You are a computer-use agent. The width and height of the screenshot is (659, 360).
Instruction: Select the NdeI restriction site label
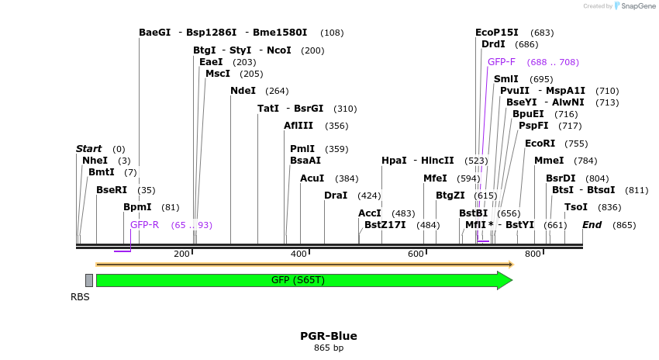click(243, 91)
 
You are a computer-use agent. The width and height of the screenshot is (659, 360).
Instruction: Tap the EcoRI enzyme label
click(540, 144)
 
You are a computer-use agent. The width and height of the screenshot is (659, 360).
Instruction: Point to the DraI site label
click(336, 196)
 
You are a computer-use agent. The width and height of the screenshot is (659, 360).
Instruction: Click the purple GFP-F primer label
click(502, 62)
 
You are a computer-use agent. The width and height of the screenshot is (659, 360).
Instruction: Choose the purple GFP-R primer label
click(144, 225)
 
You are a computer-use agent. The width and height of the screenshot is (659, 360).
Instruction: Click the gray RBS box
click(89, 280)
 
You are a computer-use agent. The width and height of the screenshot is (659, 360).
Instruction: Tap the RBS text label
click(80, 296)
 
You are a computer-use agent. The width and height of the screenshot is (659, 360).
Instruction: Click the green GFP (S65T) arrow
click(302, 280)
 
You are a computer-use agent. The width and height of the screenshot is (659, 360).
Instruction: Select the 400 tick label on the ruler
click(298, 254)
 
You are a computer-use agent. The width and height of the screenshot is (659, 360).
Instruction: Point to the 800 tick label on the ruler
click(533, 254)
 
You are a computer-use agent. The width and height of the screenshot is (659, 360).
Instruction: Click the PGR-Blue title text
click(329, 336)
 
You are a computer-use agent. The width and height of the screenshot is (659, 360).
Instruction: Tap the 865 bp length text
click(329, 348)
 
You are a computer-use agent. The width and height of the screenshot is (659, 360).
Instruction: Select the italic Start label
click(88, 149)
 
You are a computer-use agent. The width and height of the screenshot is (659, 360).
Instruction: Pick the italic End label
click(592, 225)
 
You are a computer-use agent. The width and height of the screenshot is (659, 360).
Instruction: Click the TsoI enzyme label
click(576, 207)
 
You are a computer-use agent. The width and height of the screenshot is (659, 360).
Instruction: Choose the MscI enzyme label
click(218, 74)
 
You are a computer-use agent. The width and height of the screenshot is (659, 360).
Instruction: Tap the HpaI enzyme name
click(394, 161)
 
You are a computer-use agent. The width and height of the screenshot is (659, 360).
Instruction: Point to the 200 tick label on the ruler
click(181, 254)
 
